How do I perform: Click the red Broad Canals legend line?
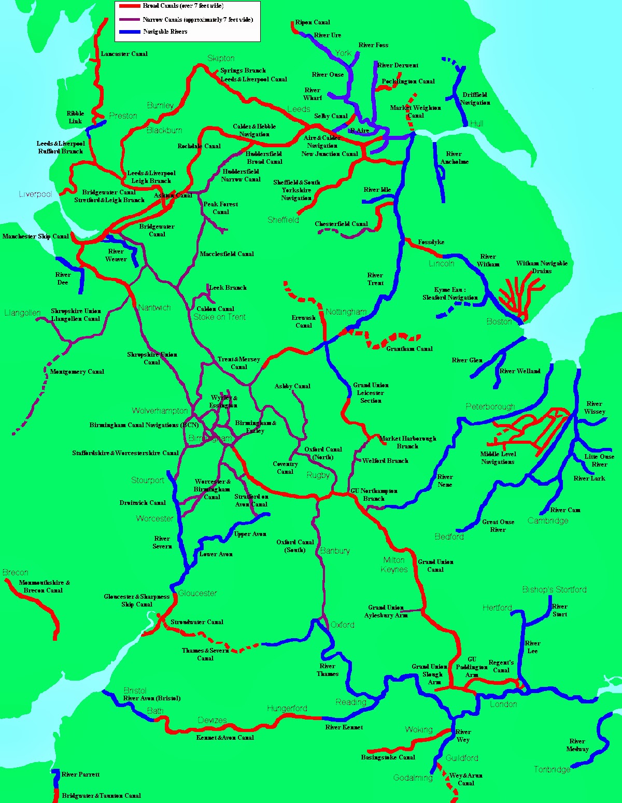pyautogui.click(x=129, y=6)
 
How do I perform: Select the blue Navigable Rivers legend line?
pyautogui.click(x=129, y=32)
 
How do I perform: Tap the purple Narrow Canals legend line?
pyautogui.click(x=129, y=20)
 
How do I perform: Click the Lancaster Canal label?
pyautogui.click(x=124, y=54)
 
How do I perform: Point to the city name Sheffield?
pyautogui.click(x=283, y=220)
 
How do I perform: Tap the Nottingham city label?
pyautogui.click(x=346, y=312)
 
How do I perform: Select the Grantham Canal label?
pyautogui.click(x=409, y=349)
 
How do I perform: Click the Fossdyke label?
pyautogui.click(x=431, y=242)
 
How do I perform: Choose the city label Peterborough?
pyautogui.click(x=490, y=406)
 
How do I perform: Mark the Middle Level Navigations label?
pyautogui.click(x=498, y=458)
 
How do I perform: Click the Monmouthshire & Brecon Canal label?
pyautogui.click(x=44, y=586)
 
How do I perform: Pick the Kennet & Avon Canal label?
pyautogui.click(x=225, y=737)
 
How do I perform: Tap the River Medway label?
pyautogui.click(x=577, y=745)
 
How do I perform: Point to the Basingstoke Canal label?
pyautogui.click(x=388, y=757)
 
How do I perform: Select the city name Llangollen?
pyautogui.click(x=22, y=313)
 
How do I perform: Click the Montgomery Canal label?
pyautogui.click(x=77, y=372)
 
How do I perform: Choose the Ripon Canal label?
pyautogui.click(x=313, y=22)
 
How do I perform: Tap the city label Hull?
pyautogui.click(x=476, y=123)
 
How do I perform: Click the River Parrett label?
pyautogui.click(x=80, y=774)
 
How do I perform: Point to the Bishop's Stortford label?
pyautogui.click(x=554, y=589)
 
